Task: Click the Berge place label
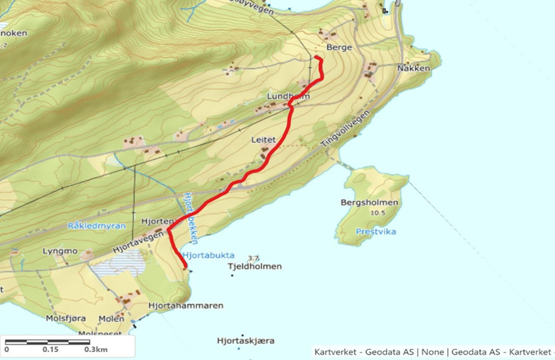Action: pos(341,48)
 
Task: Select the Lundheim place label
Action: pos(288,97)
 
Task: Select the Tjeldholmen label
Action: pos(254,267)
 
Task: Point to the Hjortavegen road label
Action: pos(137,244)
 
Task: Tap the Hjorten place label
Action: pos(156,221)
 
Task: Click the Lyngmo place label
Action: pos(60,251)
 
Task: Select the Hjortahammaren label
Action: pos(186,305)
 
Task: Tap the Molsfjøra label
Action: pos(65,318)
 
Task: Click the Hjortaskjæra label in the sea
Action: pos(245,340)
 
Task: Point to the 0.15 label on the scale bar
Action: pos(50,349)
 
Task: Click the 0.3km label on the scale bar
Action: pos(97,349)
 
